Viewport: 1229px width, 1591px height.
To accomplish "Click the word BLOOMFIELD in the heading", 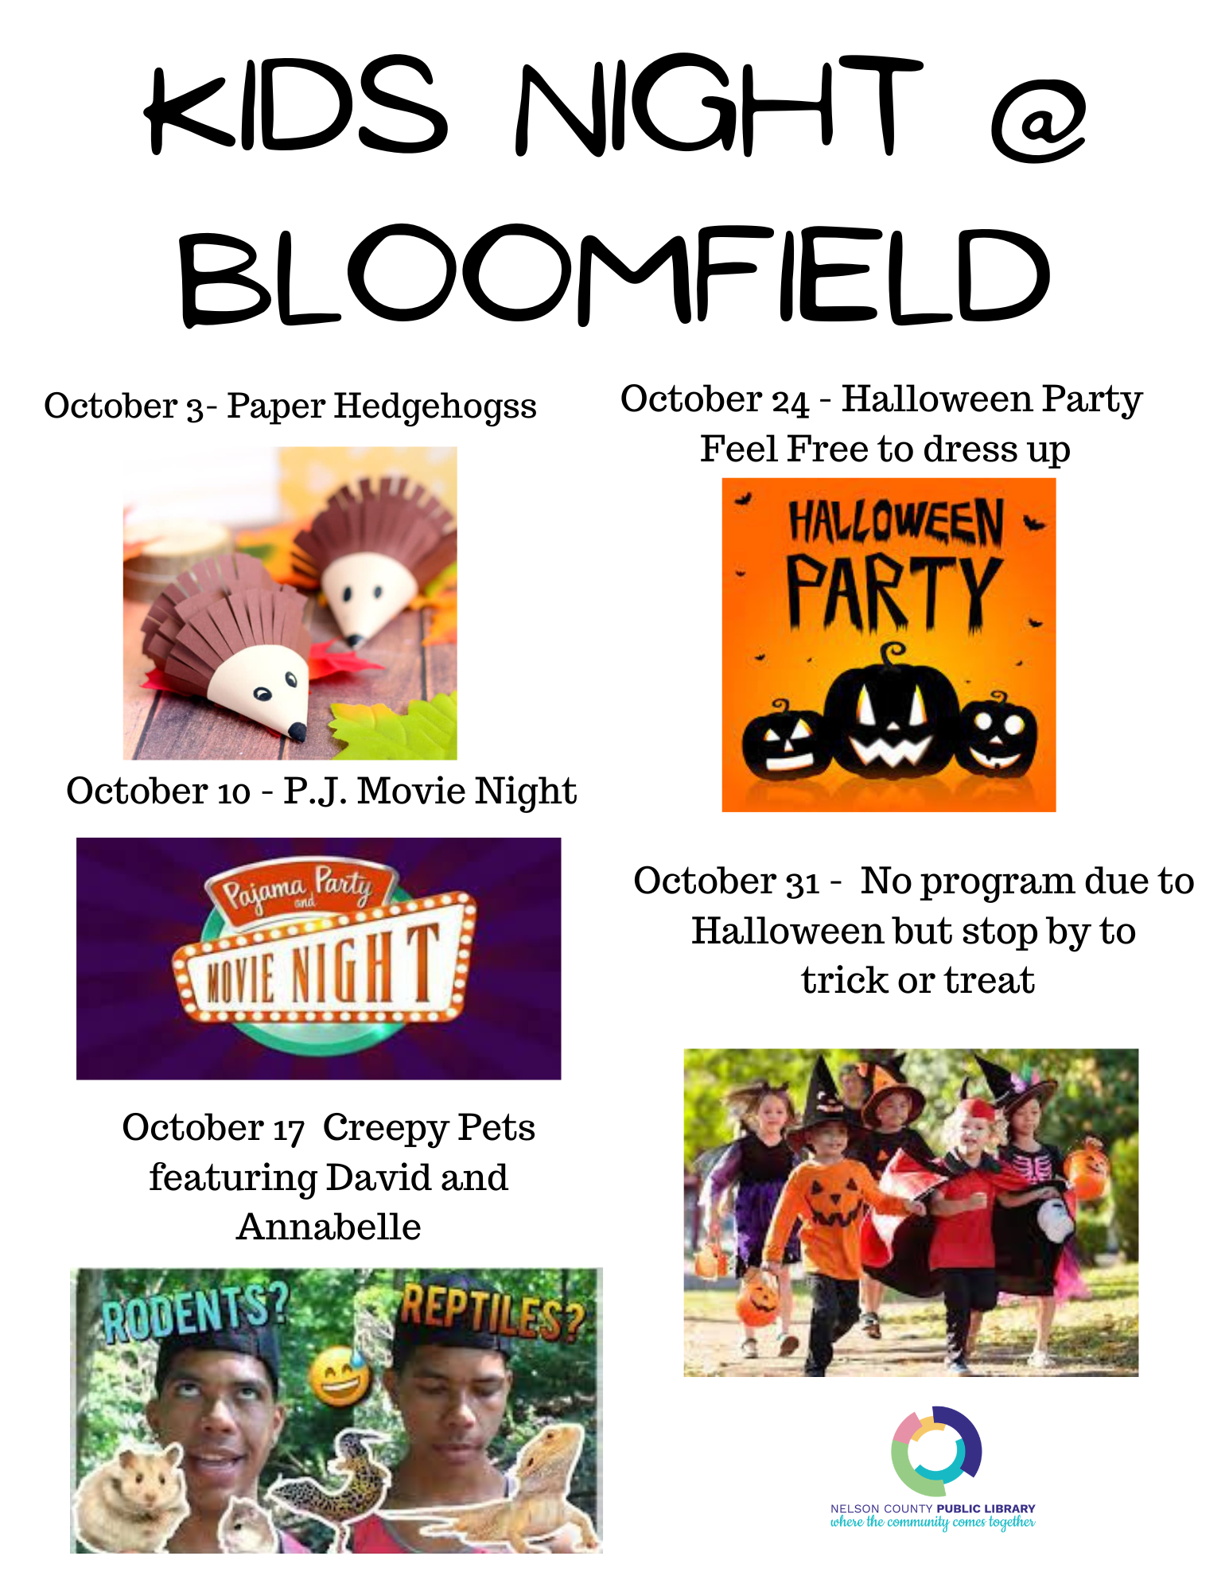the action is coord(614,274).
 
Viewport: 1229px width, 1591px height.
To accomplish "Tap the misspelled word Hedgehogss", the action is coord(435,407).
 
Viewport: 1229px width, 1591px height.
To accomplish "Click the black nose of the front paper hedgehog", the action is coord(296,730).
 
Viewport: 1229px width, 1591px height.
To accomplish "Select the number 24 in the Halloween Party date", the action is coord(790,402).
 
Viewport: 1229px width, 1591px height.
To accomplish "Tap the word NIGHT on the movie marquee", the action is coord(365,965).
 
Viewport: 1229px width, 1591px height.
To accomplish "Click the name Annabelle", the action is coord(329,1227).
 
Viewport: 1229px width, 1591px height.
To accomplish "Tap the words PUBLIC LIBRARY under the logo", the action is coord(986,1508).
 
